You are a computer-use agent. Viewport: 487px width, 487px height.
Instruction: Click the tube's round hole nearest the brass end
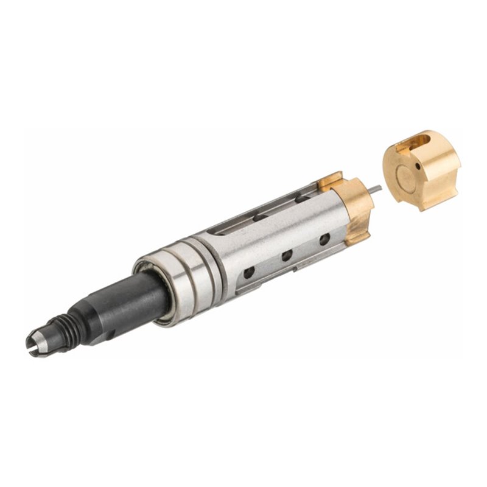[324, 239]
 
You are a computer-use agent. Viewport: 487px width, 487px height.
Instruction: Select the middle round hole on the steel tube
[287, 256]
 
